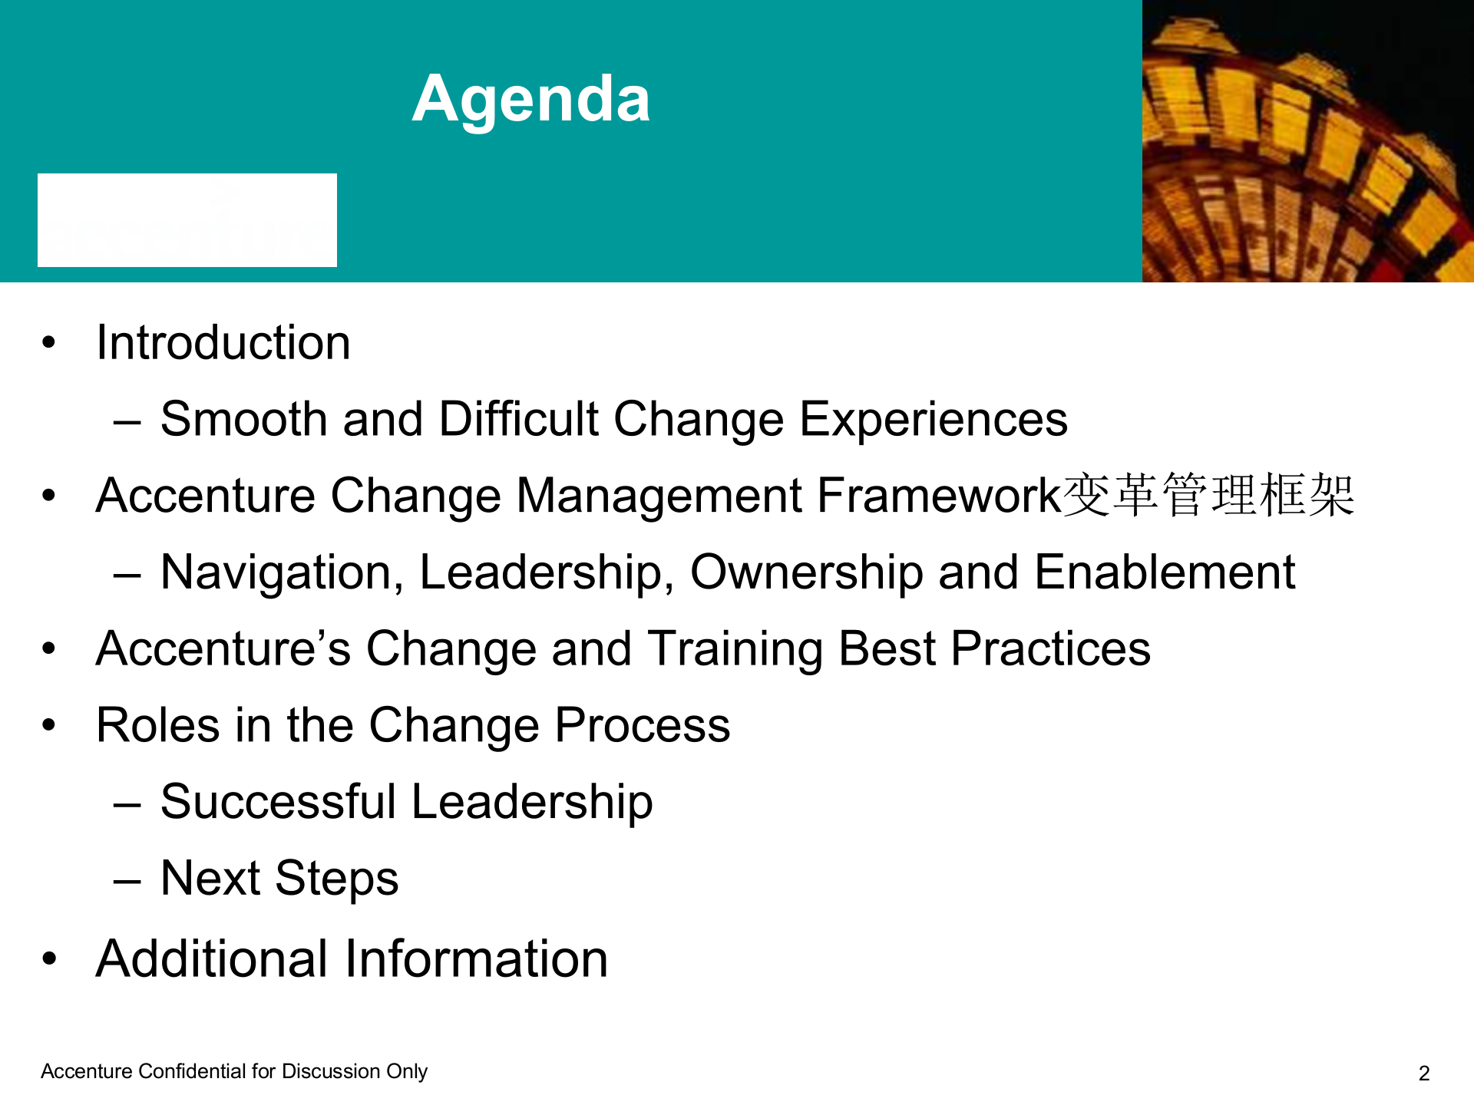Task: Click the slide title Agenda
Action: pyautogui.click(x=531, y=100)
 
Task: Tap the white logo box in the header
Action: pyautogui.click(x=187, y=220)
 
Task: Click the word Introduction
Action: pyautogui.click(x=223, y=342)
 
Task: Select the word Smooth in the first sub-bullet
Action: pyautogui.click(x=244, y=419)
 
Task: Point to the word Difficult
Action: pyautogui.click(x=518, y=419)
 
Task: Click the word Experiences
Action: pyautogui.click(x=934, y=421)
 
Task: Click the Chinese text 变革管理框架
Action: pyautogui.click(x=1209, y=496)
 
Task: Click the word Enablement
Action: pyautogui.click(x=1165, y=572)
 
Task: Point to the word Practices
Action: pyautogui.click(x=1051, y=649)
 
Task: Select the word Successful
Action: pyautogui.click(x=278, y=803)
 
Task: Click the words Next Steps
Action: pyautogui.click(x=279, y=879)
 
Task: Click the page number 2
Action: pyautogui.click(x=1424, y=1074)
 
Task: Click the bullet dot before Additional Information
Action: pyautogui.click(x=50, y=958)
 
